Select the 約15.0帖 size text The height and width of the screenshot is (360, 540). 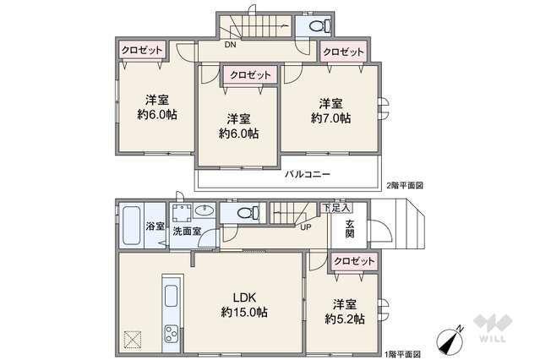pos(245,312)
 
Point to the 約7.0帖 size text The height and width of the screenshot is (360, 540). pos(330,118)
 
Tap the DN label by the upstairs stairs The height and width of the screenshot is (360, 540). pos(230,46)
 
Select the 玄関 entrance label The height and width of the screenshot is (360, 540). pos(350,230)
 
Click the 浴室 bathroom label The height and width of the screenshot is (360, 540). pos(154,226)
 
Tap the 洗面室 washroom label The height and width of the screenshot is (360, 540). pos(186,231)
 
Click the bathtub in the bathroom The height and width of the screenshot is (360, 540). pos(131,226)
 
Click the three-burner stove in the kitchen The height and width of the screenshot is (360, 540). pos(170,332)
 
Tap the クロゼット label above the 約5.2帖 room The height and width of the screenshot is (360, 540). pos(353,262)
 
